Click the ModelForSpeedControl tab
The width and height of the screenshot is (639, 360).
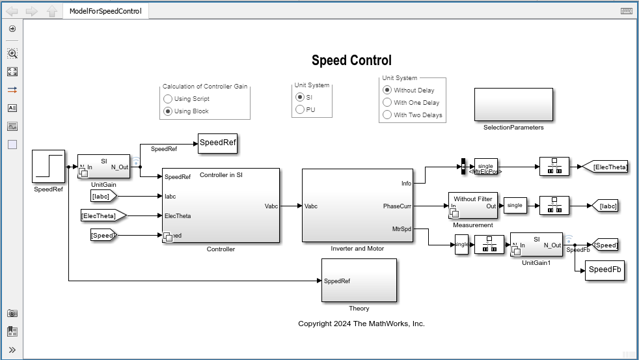pos(105,11)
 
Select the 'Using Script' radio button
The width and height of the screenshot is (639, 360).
pos(168,99)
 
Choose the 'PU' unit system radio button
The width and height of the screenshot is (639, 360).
pos(300,109)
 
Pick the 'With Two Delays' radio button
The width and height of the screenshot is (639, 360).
pos(387,115)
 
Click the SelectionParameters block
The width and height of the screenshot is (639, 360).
pos(513,104)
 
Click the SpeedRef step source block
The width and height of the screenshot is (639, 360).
pos(49,166)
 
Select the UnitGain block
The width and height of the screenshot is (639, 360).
pos(103,166)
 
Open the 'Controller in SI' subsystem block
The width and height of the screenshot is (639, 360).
pos(221,204)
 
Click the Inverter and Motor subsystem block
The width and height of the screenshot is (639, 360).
pos(358,204)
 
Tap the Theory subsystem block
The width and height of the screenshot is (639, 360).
pos(359,281)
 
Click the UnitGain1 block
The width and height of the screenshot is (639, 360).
pos(536,244)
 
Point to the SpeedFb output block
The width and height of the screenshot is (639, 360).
pos(605,270)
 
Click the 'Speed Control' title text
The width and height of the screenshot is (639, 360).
pos(351,61)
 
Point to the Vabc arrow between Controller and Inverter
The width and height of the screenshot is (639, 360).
pos(291,206)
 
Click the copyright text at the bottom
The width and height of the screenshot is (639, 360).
pos(361,324)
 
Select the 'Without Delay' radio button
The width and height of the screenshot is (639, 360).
pos(387,90)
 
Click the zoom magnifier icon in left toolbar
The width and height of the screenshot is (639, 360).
pos(12,53)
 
